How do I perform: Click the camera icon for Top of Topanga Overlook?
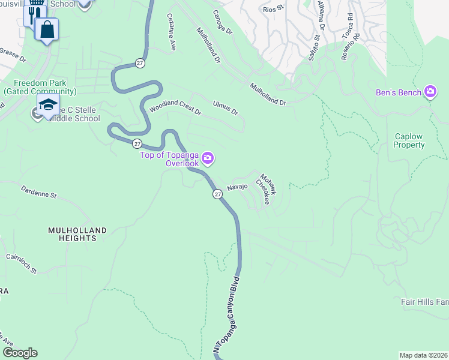[x=207, y=158]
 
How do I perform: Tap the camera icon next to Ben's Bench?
[x=430, y=92]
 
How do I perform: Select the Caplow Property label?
[x=409, y=140]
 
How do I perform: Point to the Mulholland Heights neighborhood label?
[x=78, y=234]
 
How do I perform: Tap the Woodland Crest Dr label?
[x=175, y=106]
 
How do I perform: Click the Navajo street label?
[x=237, y=187]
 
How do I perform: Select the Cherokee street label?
[x=264, y=191]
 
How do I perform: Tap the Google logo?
[x=20, y=353]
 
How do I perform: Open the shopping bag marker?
[x=47, y=28]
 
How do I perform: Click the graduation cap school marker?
[x=48, y=104]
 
